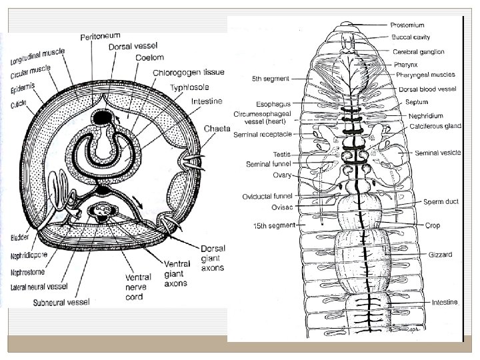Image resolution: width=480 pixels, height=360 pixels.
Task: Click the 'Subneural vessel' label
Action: [61, 301]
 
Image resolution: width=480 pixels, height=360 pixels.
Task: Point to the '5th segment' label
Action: [271, 78]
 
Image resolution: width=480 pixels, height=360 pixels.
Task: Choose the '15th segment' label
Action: [274, 226]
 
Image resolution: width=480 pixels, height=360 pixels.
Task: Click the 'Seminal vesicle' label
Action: [437, 153]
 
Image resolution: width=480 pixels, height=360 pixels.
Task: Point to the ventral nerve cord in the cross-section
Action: [104, 213]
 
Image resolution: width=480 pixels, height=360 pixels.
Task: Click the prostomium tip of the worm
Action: [347, 25]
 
